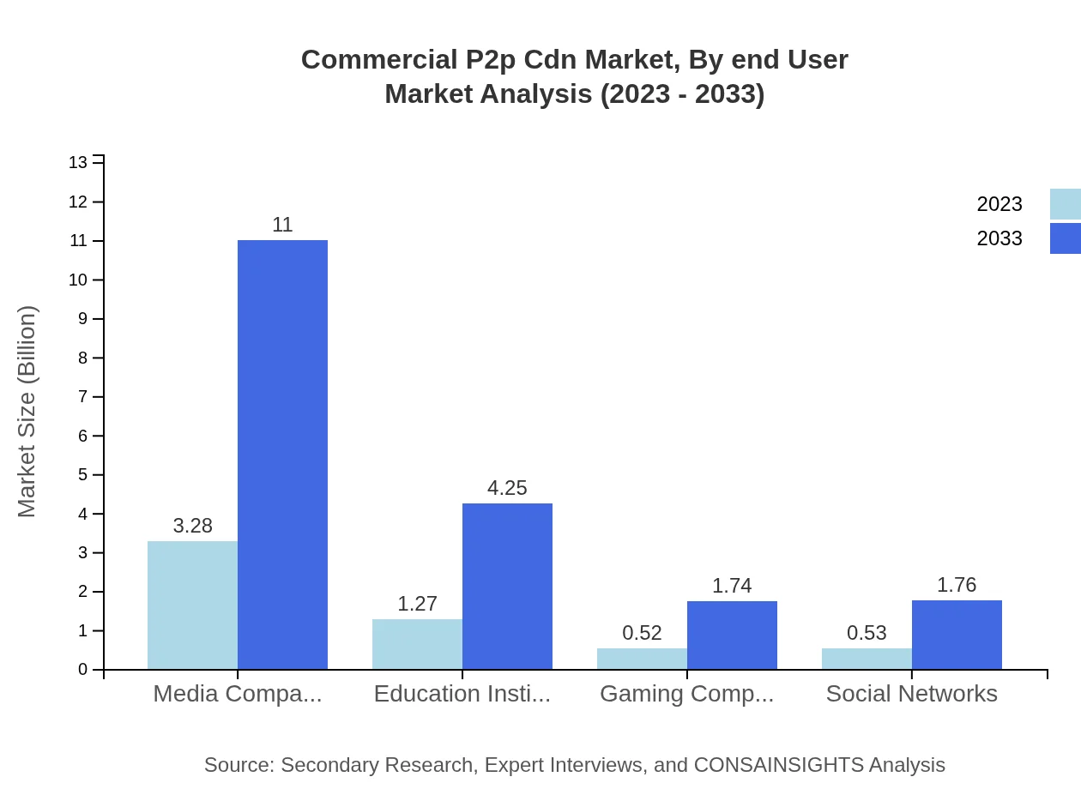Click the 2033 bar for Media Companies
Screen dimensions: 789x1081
(282, 455)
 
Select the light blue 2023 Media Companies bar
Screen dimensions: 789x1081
(192, 605)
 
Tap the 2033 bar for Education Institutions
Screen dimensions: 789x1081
(507, 586)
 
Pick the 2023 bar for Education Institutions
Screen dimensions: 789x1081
(417, 644)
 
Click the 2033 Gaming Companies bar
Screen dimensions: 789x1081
(732, 635)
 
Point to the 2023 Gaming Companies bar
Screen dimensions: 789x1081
(642, 659)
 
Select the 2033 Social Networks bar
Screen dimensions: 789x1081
(957, 635)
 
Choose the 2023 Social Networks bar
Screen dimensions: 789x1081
(867, 659)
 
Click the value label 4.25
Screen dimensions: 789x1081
(507, 488)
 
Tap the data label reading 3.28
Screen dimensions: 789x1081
(192, 526)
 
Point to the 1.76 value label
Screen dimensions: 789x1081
(957, 585)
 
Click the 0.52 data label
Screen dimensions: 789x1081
(642, 633)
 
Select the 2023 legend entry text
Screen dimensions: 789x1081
(999, 204)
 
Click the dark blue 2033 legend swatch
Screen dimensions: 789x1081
(1065, 238)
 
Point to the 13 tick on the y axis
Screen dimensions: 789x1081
(78, 163)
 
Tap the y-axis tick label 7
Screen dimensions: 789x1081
(83, 397)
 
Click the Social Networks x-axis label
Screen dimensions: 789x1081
(911, 694)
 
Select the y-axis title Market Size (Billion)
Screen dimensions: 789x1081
(27, 412)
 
